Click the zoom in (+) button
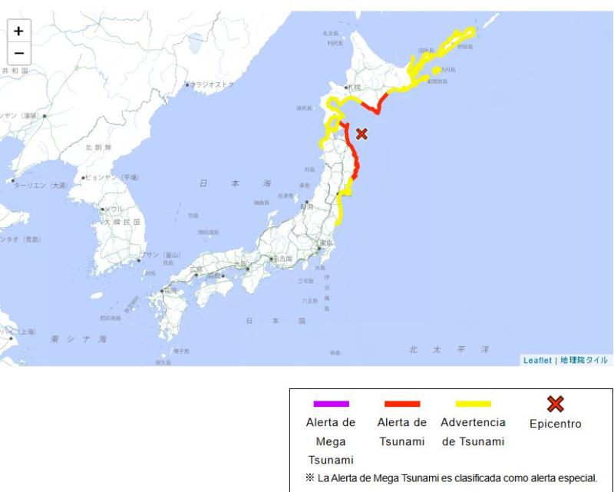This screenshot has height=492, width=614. [18, 32]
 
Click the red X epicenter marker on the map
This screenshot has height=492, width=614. [361, 134]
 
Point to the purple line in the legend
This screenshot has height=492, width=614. [331, 404]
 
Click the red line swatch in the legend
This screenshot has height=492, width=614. [401, 404]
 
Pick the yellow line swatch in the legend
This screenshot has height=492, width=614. [473, 404]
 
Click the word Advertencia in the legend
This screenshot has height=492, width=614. [473, 423]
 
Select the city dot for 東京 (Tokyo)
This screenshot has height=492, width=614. [319, 248]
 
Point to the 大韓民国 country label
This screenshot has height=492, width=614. [122, 222]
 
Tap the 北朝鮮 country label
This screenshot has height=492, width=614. [98, 147]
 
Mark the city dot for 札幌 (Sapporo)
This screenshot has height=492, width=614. [347, 90]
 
